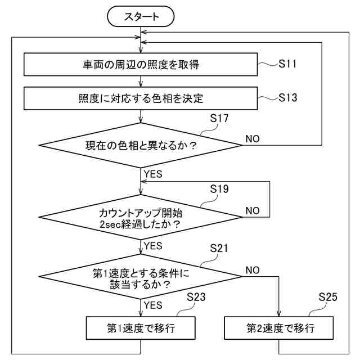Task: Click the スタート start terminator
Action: [141, 17]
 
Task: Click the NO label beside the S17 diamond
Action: [253, 138]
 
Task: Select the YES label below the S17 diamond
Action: [153, 174]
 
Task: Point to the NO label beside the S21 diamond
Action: [253, 270]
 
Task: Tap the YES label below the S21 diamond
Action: [153, 305]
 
